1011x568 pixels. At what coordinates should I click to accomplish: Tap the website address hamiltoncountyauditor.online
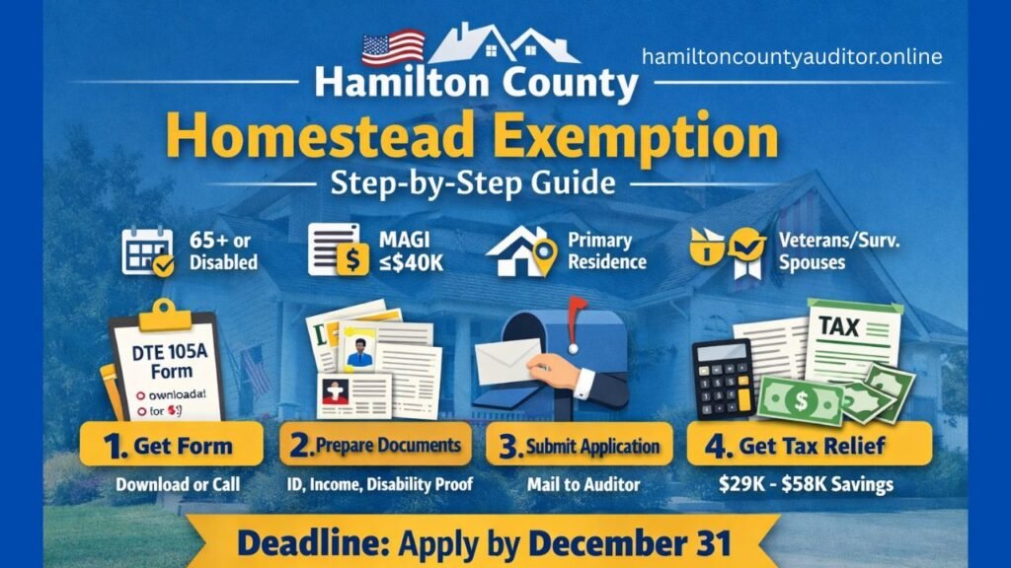point(792,57)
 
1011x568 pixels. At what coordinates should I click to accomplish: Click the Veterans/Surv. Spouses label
point(823,249)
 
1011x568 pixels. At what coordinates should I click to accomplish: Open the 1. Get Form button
point(172,445)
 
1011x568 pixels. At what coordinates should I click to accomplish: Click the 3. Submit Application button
point(580,446)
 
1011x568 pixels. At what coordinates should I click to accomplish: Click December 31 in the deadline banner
point(630,543)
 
